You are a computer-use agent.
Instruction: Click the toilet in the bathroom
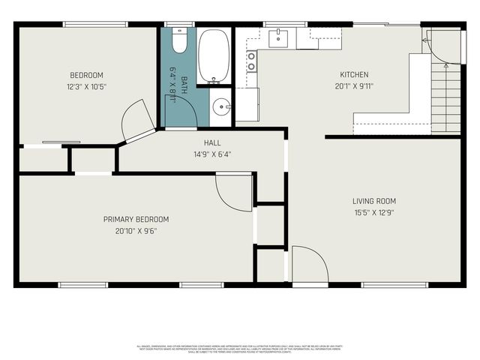tap(179, 40)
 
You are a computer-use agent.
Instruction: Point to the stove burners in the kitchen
tap(251, 61)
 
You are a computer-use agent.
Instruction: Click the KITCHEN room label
tap(355, 75)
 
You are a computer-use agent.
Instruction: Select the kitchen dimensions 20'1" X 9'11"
tap(355, 85)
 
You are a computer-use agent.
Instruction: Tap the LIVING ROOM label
tap(373, 201)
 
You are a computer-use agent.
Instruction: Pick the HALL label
tap(212, 142)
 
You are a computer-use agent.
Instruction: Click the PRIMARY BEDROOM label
tap(136, 219)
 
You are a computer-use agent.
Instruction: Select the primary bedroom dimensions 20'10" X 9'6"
tap(136, 230)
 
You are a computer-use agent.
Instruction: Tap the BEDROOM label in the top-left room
tap(86, 75)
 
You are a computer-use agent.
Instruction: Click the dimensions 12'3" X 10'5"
tap(86, 85)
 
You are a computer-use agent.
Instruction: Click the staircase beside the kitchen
tap(445, 97)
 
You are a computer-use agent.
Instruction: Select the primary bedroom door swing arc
tap(233, 192)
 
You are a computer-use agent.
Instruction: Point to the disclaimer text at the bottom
tap(240, 349)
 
